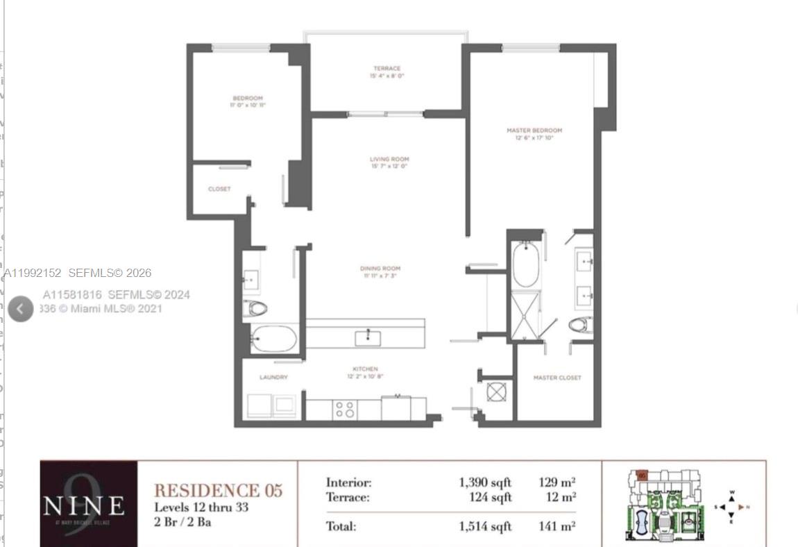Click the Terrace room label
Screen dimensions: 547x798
click(x=387, y=69)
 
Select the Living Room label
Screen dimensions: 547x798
click(x=389, y=160)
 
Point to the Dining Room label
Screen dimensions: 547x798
click(x=380, y=269)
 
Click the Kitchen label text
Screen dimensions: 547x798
click(x=365, y=369)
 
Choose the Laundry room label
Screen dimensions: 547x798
click(x=273, y=377)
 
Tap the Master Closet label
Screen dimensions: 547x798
click(x=557, y=378)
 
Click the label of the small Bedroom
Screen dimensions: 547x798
click(x=247, y=99)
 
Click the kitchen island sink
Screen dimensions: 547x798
click(x=366, y=338)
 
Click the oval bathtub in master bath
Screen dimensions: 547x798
click(x=525, y=265)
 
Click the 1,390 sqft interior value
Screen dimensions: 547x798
click(x=484, y=482)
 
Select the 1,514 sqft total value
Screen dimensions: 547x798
click(x=484, y=526)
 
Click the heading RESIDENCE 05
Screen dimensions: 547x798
click(x=218, y=490)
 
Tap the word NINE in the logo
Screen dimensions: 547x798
click(x=84, y=506)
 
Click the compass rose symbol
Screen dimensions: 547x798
click(x=731, y=507)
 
